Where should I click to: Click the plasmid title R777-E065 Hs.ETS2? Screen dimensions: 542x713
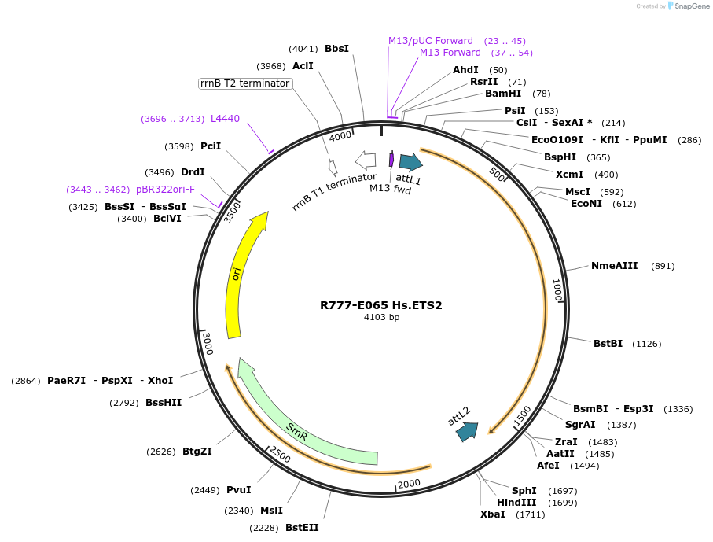(x=380, y=305)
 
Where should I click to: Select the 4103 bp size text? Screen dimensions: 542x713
(x=381, y=318)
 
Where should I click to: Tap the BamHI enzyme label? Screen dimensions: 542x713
(x=503, y=93)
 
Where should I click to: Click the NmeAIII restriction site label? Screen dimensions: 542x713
(x=615, y=266)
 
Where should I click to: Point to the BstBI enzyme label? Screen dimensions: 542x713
(x=608, y=343)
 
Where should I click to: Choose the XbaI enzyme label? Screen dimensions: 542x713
(x=493, y=514)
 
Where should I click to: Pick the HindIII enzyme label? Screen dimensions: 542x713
(x=516, y=503)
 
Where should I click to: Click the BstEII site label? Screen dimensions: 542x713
(x=302, y=527)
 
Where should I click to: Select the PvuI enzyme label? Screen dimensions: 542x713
(x=238, y=490)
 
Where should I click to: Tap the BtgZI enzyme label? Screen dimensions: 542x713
(x=197, y=451)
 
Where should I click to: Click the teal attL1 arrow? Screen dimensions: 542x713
(x=410, y=162)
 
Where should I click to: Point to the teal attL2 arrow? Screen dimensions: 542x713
(x=467, y=430)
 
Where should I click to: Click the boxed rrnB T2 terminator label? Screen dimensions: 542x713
(x=245, y=83)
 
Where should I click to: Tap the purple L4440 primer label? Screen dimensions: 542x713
(x=225, y=119)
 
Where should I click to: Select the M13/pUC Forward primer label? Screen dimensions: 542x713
(x=431, y=41)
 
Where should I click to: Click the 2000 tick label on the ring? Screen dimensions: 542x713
(x=409, y=484)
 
